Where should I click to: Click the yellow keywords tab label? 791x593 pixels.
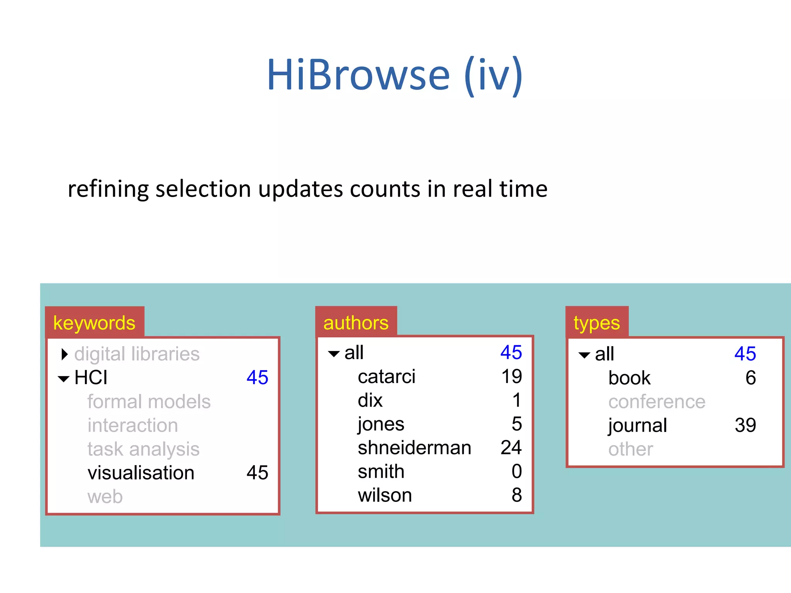[94, 323]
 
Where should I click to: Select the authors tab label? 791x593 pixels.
[356, 323]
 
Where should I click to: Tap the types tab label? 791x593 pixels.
[596, 323]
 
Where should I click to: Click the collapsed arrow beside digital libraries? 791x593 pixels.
[65, 354]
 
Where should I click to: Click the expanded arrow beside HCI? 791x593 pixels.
[64, 379]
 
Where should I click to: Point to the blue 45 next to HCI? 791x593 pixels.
[257, 377]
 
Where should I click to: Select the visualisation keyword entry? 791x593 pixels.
[141, 473]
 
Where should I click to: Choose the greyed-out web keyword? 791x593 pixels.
[105, 496]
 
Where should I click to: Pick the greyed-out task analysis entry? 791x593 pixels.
[143, 449]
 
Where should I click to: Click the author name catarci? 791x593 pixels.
[387, 376]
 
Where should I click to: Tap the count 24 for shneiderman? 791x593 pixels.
[511, 448]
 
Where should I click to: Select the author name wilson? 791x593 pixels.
[385, 495]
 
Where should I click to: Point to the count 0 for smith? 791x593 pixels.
[516, 471]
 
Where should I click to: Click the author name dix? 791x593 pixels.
[370, 400]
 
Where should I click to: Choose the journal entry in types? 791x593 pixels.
[638, 425]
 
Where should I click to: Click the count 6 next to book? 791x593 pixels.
[750, 378]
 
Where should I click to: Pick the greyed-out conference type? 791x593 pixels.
[657, 402]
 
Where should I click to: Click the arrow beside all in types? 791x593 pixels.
[584, 355]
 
